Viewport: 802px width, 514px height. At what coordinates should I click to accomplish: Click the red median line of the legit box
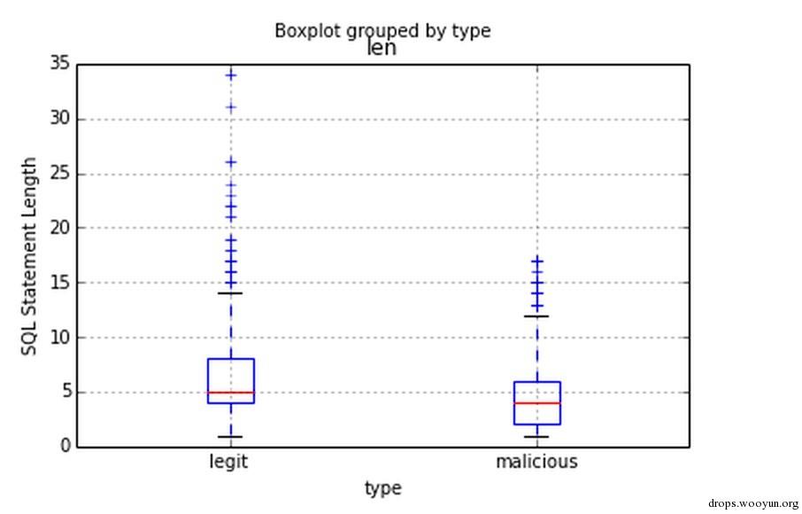pos(231,392)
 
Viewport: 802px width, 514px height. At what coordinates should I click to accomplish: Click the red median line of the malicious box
pos(537,403)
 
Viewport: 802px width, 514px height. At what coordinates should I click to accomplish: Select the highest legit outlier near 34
pos(231,75)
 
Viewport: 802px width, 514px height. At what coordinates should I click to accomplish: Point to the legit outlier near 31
pos(231,107)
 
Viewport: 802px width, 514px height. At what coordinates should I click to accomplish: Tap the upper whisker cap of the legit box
pos(231,292)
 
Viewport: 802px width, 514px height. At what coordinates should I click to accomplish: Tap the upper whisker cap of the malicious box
pos(537,315)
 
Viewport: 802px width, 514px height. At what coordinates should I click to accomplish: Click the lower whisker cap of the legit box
pos(231,436)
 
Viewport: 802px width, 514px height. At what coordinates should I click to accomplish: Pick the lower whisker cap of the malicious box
pos(537,436)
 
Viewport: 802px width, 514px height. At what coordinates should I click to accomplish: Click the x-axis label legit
pos(228,462)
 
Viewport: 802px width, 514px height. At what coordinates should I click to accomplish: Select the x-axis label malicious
pos(536,462)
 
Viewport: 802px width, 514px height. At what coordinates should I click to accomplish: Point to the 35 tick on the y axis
pos(60,64)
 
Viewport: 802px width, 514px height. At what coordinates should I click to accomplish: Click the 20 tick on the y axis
pos(60,228)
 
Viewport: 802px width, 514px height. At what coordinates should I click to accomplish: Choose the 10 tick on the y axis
pos(60,338)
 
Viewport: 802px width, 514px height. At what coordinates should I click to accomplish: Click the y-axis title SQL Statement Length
pos(30,257)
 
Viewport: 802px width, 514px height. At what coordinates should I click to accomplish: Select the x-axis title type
pos(382,488)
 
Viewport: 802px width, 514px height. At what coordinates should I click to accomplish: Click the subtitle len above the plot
pos(382,48)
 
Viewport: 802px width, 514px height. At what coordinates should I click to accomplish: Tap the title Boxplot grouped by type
pos(382,30)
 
